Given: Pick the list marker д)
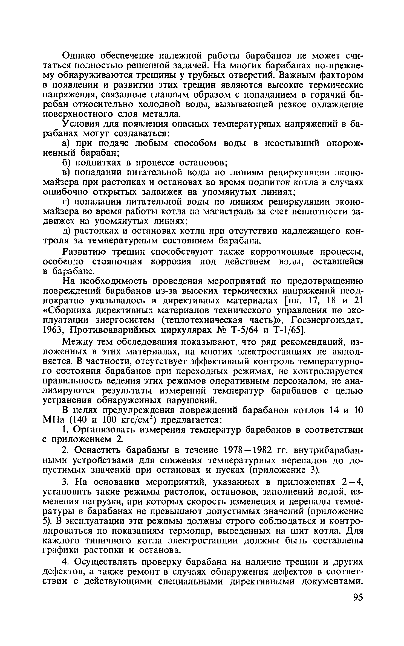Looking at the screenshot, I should (x=68, y=231).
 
